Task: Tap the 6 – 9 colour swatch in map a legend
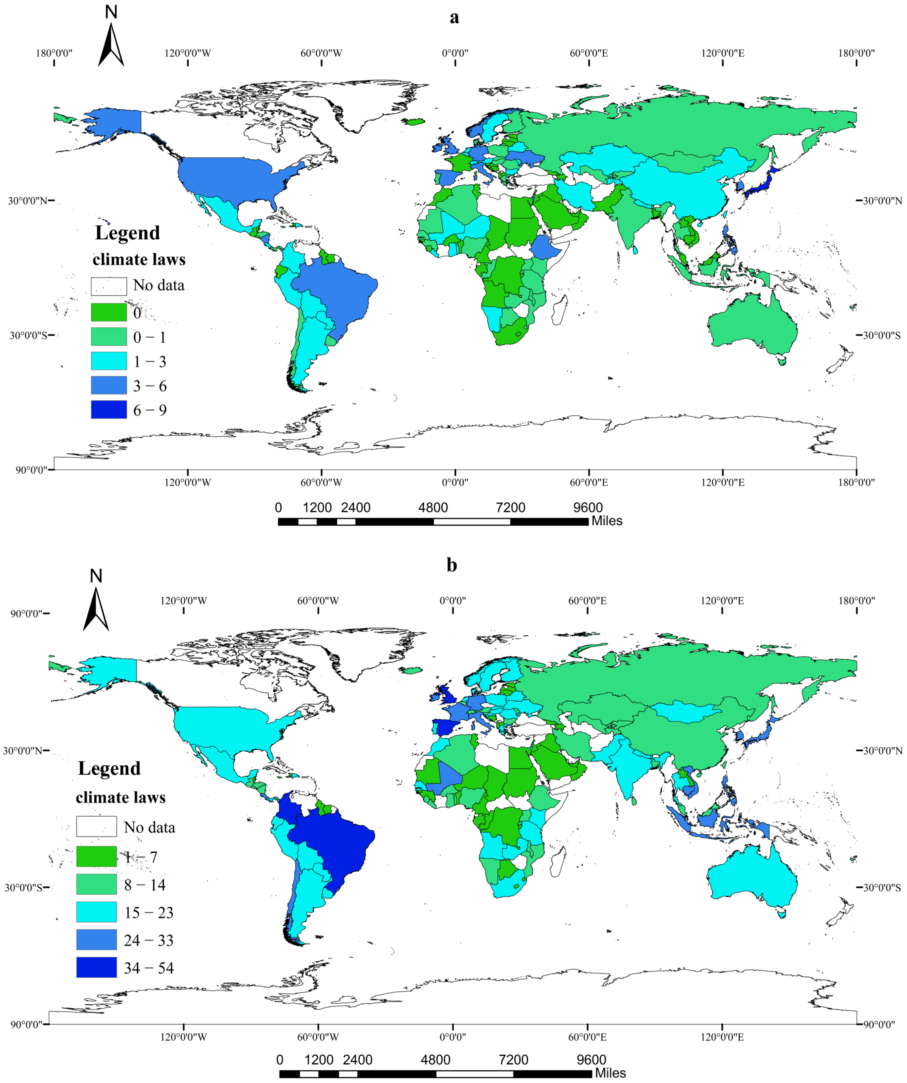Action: click(x=109, y=410)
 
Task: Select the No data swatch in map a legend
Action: click(x=109, y=286)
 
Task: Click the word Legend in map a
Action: click(x=128, y=233)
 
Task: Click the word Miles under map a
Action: click(x=607, y=521)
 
